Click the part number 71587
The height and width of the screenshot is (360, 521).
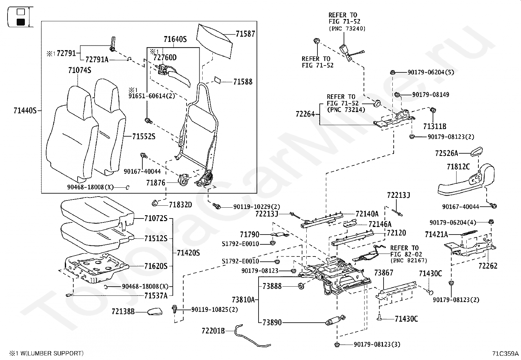tap(245, 34)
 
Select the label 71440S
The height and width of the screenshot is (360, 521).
tap(25, 111)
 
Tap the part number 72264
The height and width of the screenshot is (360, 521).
tap(305, 114)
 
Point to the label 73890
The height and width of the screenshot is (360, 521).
tap(272, 322)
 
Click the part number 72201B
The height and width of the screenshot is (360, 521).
tap(213, 331)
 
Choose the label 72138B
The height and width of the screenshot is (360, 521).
tap(123, 311)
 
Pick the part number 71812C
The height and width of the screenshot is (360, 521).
tap(458, 167)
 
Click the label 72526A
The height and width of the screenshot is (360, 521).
tap(447, 153)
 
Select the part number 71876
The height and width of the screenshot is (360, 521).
tap(156, 183)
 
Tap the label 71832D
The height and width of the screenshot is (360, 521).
tap(180, 205)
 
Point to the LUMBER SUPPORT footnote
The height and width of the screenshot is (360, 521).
tap(46, 353)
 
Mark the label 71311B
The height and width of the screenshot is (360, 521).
tap(435, 126)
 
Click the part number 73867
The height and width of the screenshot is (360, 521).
tap(384, 273)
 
